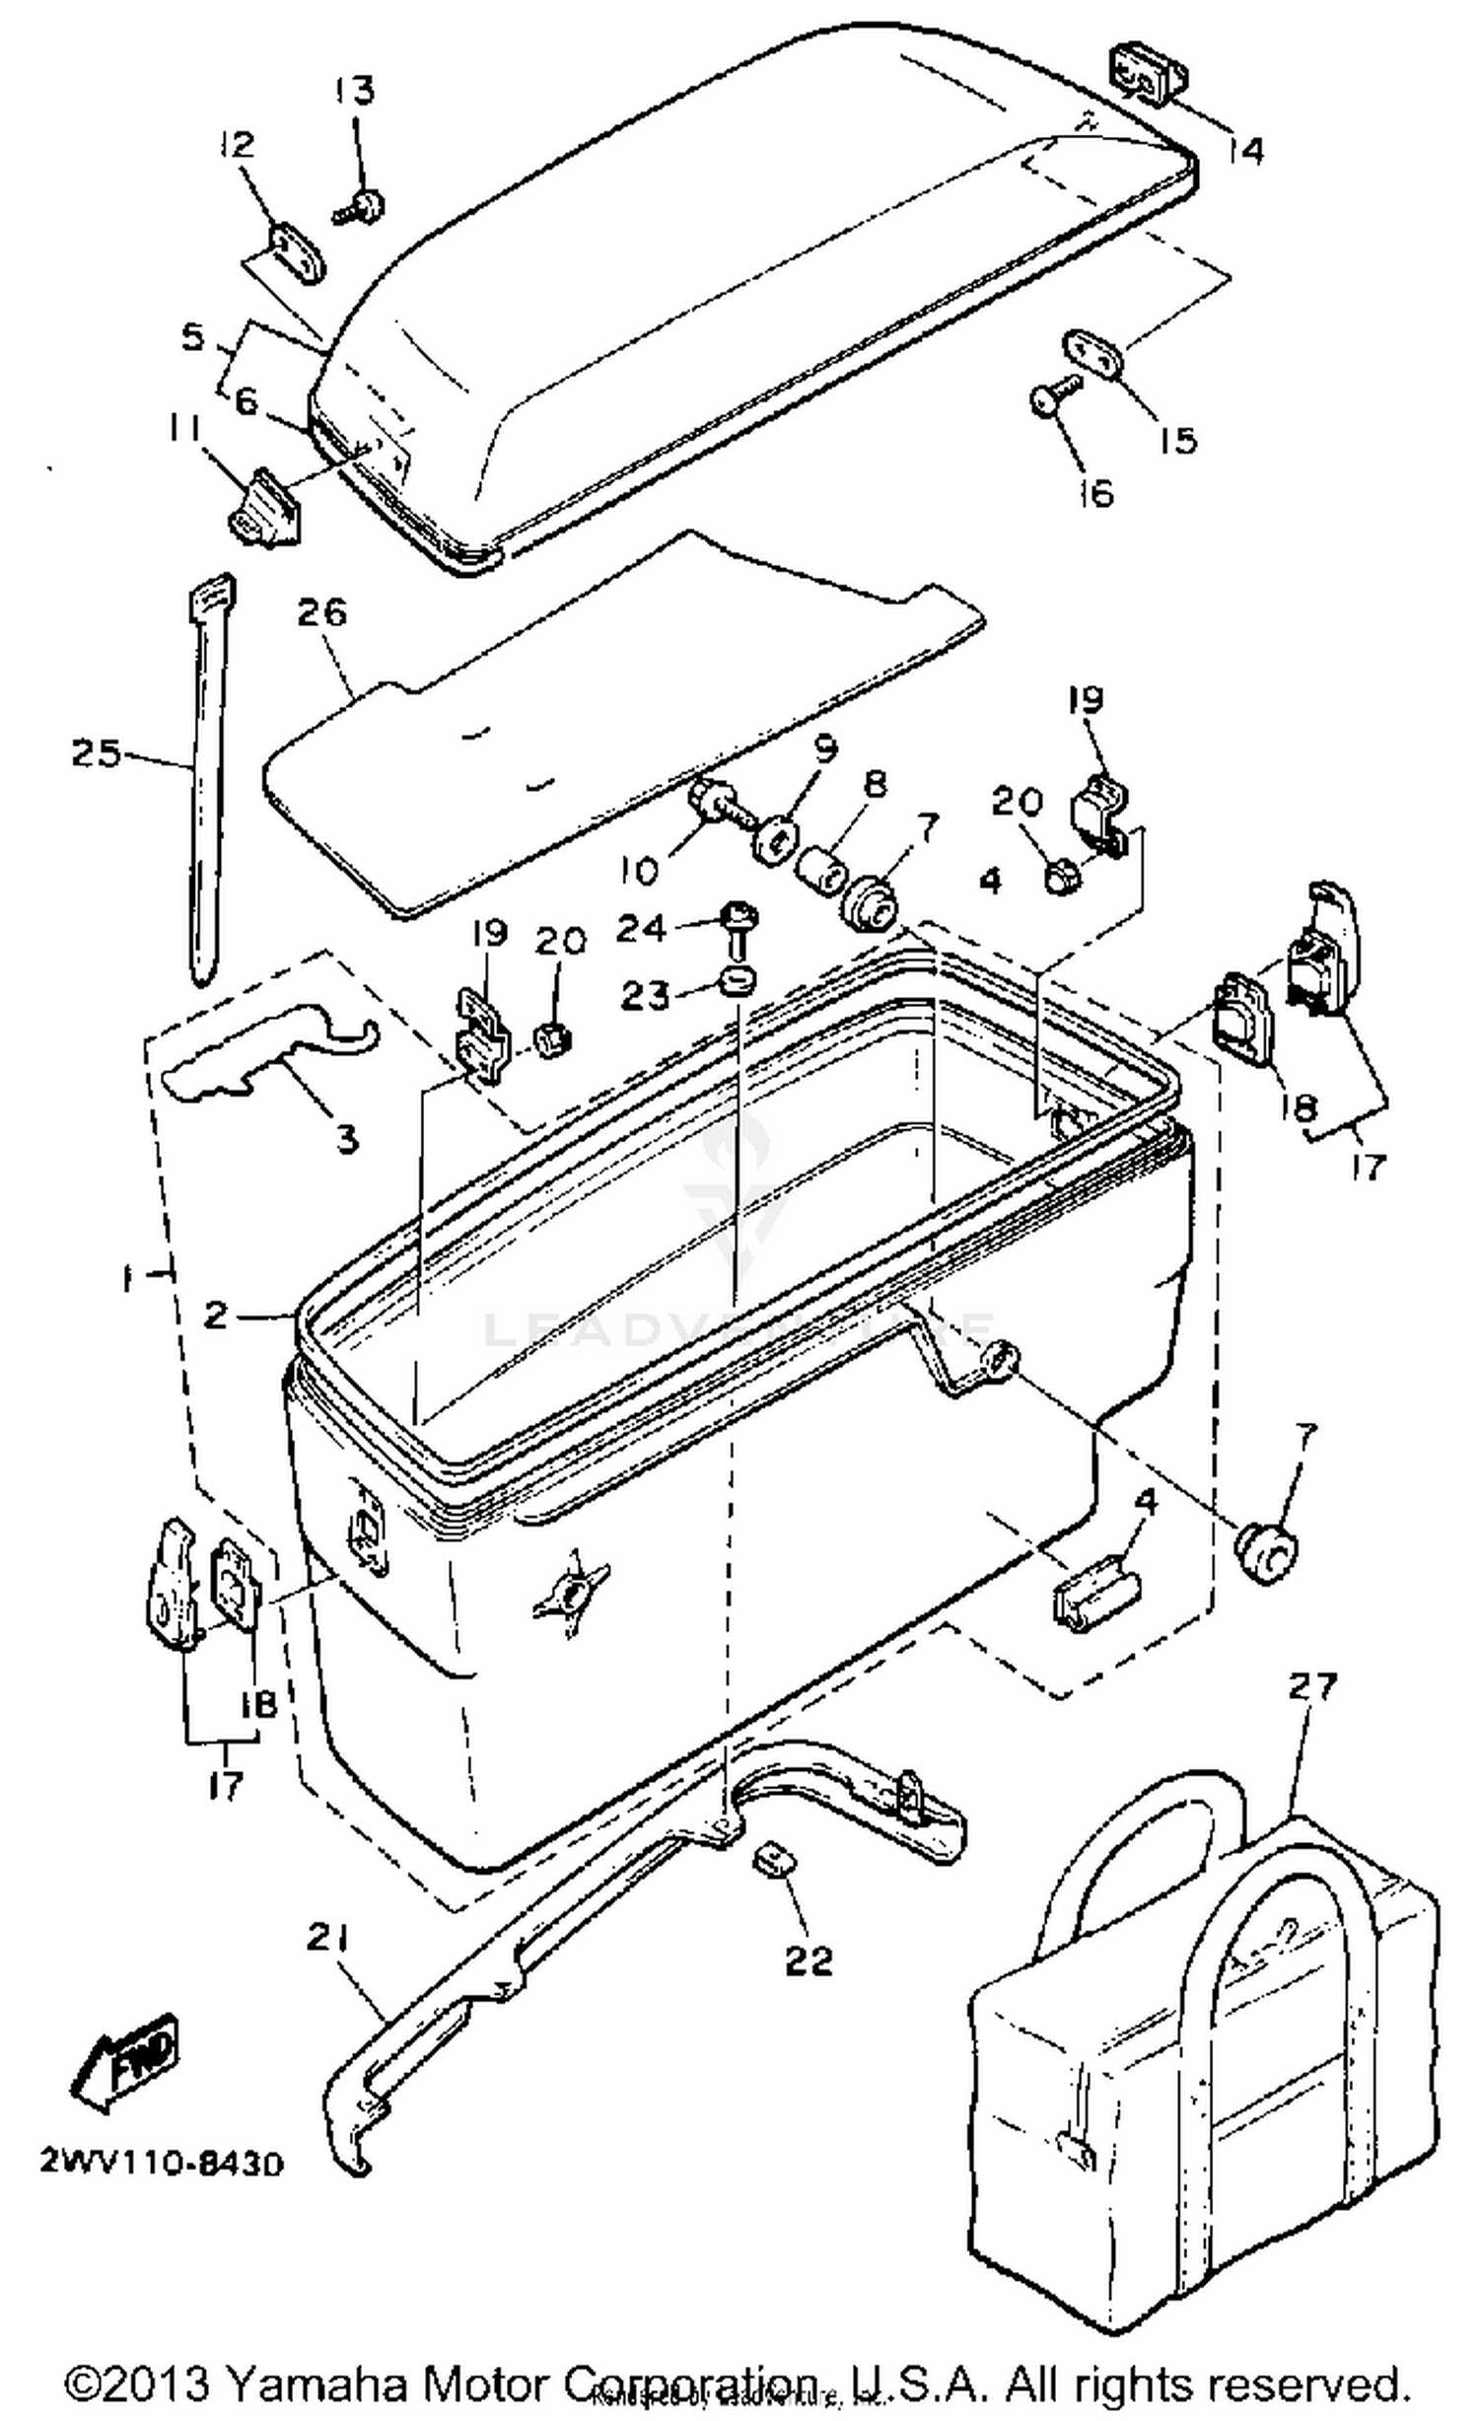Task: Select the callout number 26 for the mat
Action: click(x=322, y=612)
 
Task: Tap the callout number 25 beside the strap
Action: click(x=96, y=753)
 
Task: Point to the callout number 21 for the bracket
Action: click(x=328, y=1939)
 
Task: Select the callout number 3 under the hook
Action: click(x=347, y=1140)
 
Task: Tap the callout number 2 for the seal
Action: click(x=216, y=1315)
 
